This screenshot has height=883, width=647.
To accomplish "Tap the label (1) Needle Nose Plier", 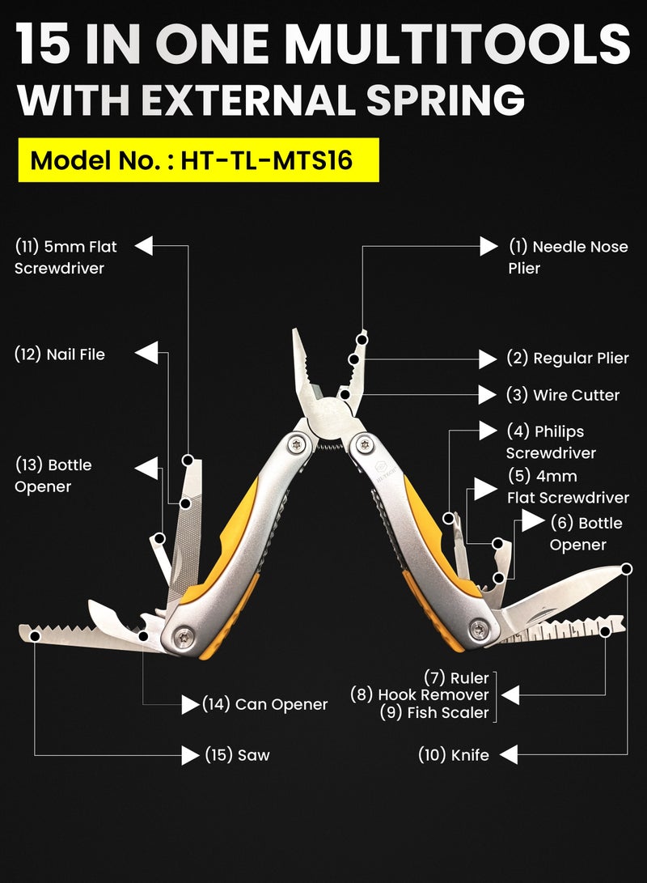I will (568, 257).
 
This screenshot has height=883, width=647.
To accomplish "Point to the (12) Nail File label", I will (60, 354).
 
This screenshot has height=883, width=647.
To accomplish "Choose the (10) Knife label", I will (454, 755).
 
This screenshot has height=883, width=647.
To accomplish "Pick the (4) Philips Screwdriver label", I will (551, 442).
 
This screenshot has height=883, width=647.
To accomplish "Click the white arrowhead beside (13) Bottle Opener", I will (146, 469).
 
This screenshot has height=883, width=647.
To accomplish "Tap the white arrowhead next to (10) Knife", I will (507, 755).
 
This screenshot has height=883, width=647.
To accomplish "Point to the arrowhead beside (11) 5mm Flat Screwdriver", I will (144, 246).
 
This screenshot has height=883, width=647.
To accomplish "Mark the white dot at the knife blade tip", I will (627, 569).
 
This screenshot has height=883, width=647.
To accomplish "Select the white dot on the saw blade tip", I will (36, 637).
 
